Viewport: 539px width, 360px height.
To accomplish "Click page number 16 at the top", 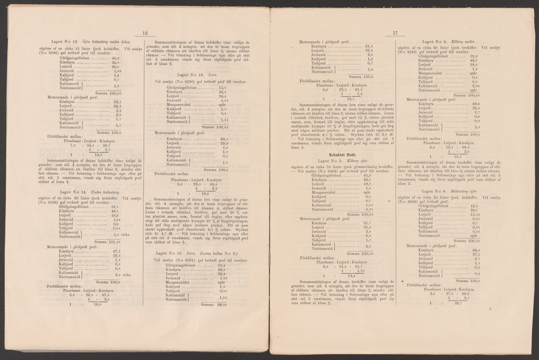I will (x=145, y=32).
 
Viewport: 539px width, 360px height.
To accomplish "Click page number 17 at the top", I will (x=395, y=32).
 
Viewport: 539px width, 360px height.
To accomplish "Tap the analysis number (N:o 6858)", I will (x=411, y=201).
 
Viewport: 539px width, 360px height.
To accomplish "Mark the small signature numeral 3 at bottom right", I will (x=491, y=308).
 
